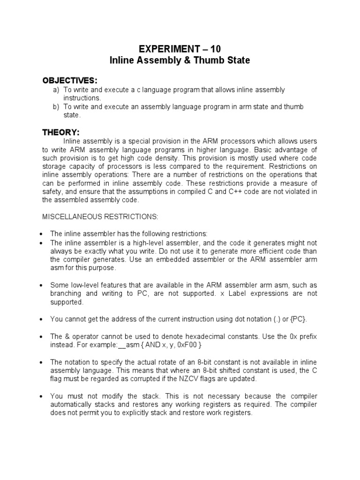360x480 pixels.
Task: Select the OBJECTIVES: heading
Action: coord(70,81)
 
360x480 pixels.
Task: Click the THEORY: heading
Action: coord(61,132)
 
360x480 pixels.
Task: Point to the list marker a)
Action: coord(56,90)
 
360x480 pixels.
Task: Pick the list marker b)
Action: coord(56,107)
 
